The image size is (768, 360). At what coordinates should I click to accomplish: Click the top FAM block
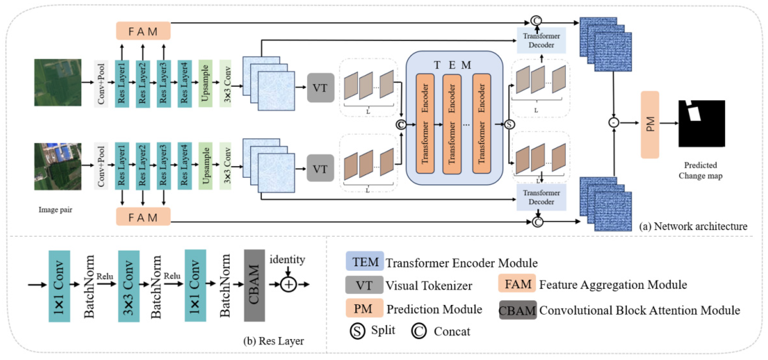click(143, 31)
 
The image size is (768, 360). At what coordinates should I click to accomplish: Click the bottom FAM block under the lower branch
click(143, 217)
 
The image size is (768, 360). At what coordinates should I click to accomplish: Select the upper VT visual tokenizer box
click(320, 88)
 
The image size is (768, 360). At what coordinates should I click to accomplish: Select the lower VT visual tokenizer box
click(320, 168)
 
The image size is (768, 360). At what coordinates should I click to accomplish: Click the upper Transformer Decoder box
click(541, 41)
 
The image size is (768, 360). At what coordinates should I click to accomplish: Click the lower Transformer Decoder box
click(541, 197)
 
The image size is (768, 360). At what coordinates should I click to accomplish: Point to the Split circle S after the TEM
click(509, 124)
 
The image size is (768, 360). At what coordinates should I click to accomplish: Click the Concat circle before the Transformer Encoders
click(401, 124)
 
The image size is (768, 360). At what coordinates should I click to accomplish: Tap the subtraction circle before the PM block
click(614, 123)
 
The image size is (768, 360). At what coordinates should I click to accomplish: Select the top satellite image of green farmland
click(58, 82)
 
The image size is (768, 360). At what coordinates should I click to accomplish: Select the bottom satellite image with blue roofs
click(58, 166)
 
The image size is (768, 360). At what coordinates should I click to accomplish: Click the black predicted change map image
click(701, 123)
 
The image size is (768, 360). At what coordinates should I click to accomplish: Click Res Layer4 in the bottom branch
click(184, 166)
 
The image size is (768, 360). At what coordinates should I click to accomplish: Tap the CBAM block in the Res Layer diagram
click(254, 285)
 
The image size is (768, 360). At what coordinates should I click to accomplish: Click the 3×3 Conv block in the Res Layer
click(128, 286)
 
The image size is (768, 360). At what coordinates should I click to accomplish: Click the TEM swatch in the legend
click(364, 261)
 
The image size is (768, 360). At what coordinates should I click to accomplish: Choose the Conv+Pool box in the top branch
click(101, 84)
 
